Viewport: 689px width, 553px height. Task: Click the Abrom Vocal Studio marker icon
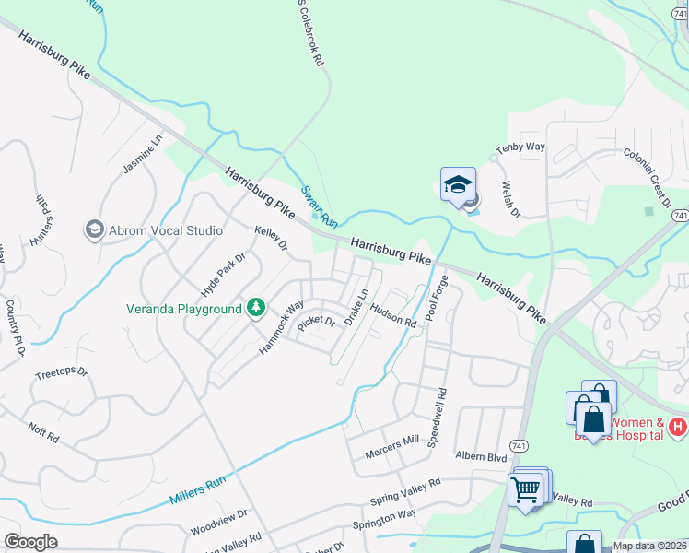click(94, 229)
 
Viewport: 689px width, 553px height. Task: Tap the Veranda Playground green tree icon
click(255, 307)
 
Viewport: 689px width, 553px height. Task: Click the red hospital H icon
click(678, 427)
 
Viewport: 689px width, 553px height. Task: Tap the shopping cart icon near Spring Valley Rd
click(526, 489)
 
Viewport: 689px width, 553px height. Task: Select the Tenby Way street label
click(520, 147)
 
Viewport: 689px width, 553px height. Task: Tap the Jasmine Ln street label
click(142, 154)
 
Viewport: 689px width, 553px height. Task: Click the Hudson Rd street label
click(394, 315)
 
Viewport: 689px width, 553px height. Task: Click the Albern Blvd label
click(481, 456)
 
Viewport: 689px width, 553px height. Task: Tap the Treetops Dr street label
click(60, 373)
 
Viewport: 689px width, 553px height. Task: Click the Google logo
click(30, 542)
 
